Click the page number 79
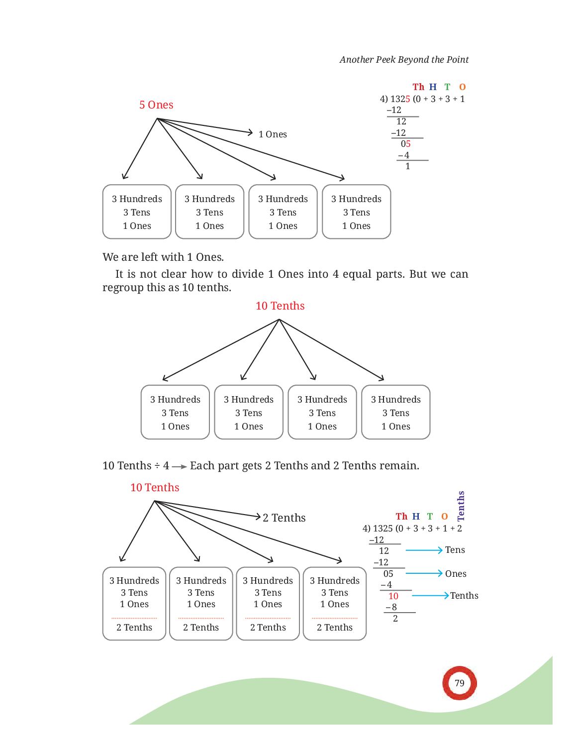[x=459, y=683]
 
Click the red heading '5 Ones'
[x=156, y=105]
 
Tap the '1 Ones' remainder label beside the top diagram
[x=273, y=134]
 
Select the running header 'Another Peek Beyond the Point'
[x=404, y=60]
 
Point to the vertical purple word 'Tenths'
[x=461, y=506]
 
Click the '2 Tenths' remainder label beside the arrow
[x=284, y=518]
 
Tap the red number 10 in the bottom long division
[x=393, y=596]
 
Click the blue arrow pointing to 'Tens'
[x=424, y=550]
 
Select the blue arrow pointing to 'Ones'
[x=424, y=573]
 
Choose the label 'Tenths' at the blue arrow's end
[x=464, y=596]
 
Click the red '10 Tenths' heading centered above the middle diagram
[x=280, y=306]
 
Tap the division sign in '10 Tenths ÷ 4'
[x=157, y=466]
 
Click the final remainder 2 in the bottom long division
[x=395, y=618]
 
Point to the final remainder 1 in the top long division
[x=407, y=166]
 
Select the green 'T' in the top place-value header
[x=447, y=87]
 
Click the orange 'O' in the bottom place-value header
[x=444, y=516]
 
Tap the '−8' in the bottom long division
[x=391, y=607]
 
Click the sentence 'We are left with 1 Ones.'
[x=163, y=257]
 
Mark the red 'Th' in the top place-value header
[x=418, y=87]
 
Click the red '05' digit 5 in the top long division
[x=408, y=144]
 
